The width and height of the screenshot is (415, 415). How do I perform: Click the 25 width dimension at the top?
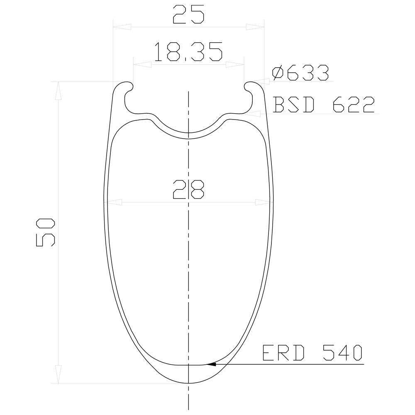point(188,14)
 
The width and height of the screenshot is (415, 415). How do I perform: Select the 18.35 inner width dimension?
point(188,51)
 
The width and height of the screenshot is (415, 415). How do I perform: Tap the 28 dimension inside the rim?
point(188,189)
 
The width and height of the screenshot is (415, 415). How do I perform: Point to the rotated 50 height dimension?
point(45,232)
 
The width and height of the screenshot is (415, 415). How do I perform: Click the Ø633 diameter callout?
point(300,73)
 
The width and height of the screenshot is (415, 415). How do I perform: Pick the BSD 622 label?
point(324,105)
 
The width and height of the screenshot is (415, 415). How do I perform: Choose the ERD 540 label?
point(312,352)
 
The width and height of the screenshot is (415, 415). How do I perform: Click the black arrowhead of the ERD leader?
point(211,364)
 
